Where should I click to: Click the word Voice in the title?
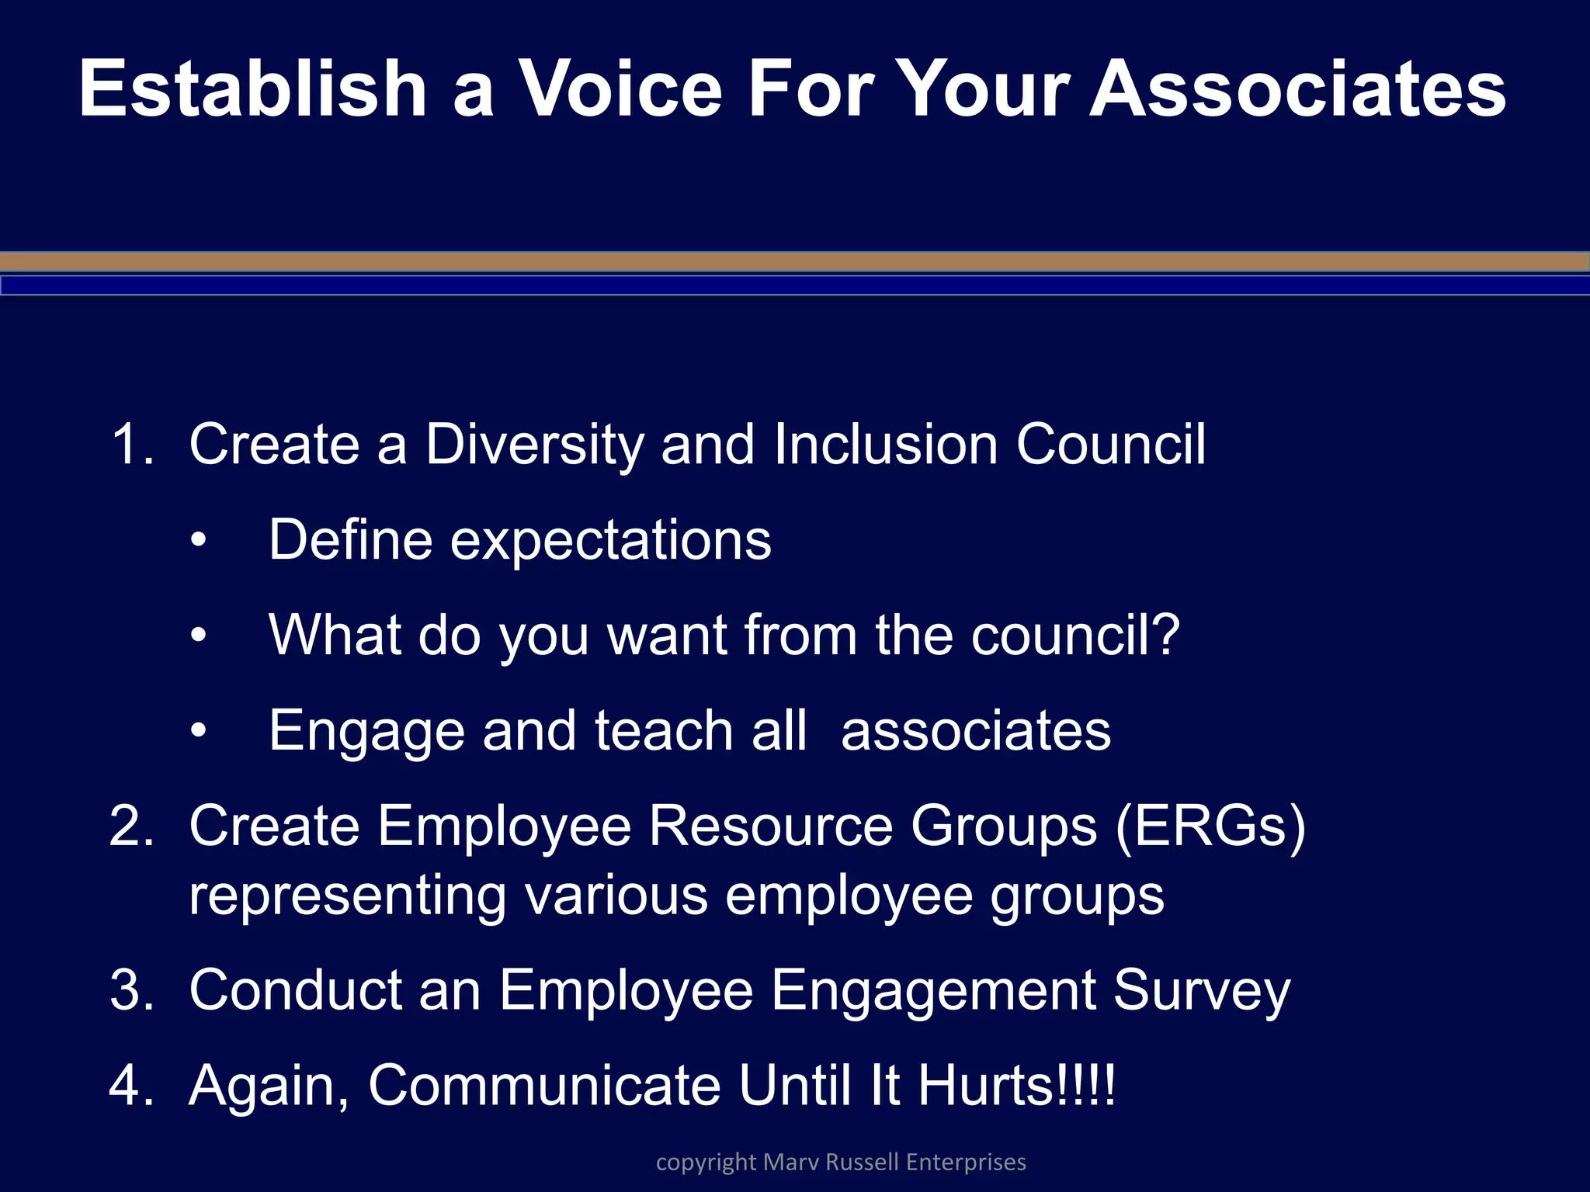click(x=620, y=89)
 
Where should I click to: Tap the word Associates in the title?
click(x=1297, y=89)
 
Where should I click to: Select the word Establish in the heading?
click(x=252, y=89)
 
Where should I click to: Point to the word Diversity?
click(x=534, y=445)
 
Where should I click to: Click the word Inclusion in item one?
click(x=885, y=445)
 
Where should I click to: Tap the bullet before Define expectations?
click(x=199, y=540)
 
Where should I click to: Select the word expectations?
click(x=611, y=540)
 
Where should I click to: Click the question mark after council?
click(x=1165, y=635)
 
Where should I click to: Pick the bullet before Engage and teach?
click(x=199, y=730)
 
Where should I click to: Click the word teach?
click(x=664, y=730)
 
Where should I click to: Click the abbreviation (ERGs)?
click(x=1210, y=826)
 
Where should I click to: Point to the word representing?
click(x=347, y=895)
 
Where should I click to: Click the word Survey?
click(x=1201, y=990)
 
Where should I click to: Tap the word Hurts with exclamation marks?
click(x=1015, y=1085)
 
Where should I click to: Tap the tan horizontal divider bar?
click(x=795, y=262)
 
